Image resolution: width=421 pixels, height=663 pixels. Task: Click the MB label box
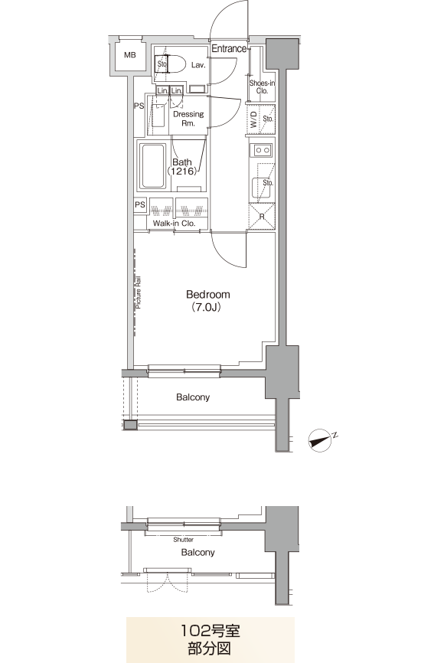point(130,55)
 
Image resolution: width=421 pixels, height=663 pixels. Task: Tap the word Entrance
point(229,48)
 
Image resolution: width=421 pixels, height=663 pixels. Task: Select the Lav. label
point(197,65)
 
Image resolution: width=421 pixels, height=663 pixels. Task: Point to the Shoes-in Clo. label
point(262,87)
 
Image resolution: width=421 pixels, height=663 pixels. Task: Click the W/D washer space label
point(253,119)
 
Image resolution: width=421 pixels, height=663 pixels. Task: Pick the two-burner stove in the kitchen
point(262,150)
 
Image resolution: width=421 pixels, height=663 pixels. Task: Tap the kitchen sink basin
point(261,188)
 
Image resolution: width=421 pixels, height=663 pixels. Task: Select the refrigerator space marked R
point(262,217)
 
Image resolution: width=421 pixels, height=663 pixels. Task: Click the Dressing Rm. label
point(188,119)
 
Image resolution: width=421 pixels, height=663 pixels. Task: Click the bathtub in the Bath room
point(152,166)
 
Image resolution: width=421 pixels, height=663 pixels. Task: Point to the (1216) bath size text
point(182,171)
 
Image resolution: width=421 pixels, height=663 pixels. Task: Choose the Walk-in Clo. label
point(175,223)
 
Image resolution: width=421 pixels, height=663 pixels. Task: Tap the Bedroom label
point(208,294)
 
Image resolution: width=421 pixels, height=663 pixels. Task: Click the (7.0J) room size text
point(206,307)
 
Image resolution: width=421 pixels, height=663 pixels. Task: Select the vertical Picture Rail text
point(139,292)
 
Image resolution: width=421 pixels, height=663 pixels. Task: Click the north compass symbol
point(321,440)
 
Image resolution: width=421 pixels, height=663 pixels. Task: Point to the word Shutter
point(184,540)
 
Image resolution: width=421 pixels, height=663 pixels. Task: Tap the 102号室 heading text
point(210,631)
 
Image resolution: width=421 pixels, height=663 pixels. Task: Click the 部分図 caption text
point(210,648)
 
